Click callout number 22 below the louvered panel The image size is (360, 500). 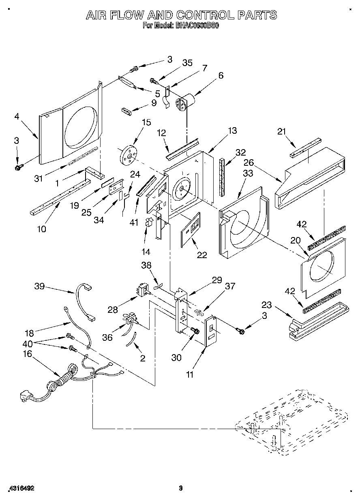click(201, 254)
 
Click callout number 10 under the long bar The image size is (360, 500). click(41, 229)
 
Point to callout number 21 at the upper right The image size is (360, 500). click(282, 131)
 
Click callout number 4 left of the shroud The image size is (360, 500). click(17, 117)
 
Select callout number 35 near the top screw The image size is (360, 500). click(187, 63)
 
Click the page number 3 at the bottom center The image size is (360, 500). click(181, 488)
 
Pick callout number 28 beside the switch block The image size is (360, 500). click(113, 310)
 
